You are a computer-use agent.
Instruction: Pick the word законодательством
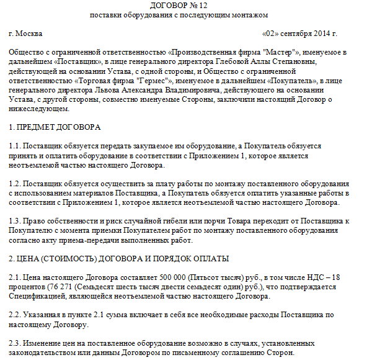point(44,353)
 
